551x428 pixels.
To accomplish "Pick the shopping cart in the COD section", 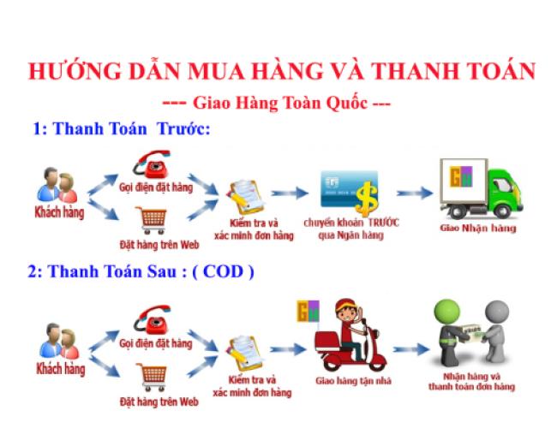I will tap(153, 374).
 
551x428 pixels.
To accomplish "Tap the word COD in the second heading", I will tap(223, 272).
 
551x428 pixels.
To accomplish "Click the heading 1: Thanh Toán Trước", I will tap(121, 129).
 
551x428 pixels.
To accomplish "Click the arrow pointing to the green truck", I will tap(414, 193).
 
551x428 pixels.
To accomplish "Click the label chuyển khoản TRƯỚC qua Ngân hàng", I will tap(350, 227).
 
